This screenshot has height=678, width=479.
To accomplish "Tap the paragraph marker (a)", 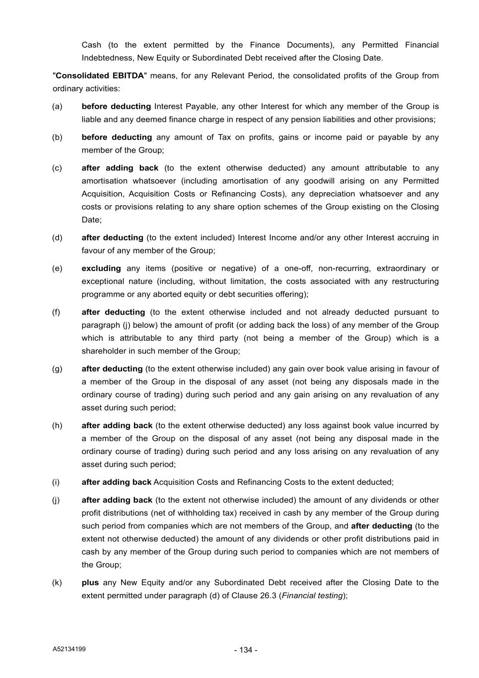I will (58, 106).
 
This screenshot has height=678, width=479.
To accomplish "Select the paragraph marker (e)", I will (58, 268).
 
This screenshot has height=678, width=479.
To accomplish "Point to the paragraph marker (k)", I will (58, 582).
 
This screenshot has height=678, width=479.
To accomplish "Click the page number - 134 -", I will (246, 650).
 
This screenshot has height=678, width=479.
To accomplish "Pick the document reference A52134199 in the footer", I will (69, 649).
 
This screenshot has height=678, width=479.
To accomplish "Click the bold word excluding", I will (101, 268).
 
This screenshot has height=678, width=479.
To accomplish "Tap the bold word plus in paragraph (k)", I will (90, 582).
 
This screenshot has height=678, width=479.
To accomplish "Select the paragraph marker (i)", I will (56, 482).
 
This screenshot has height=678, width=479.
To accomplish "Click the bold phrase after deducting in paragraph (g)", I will (112, 369).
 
